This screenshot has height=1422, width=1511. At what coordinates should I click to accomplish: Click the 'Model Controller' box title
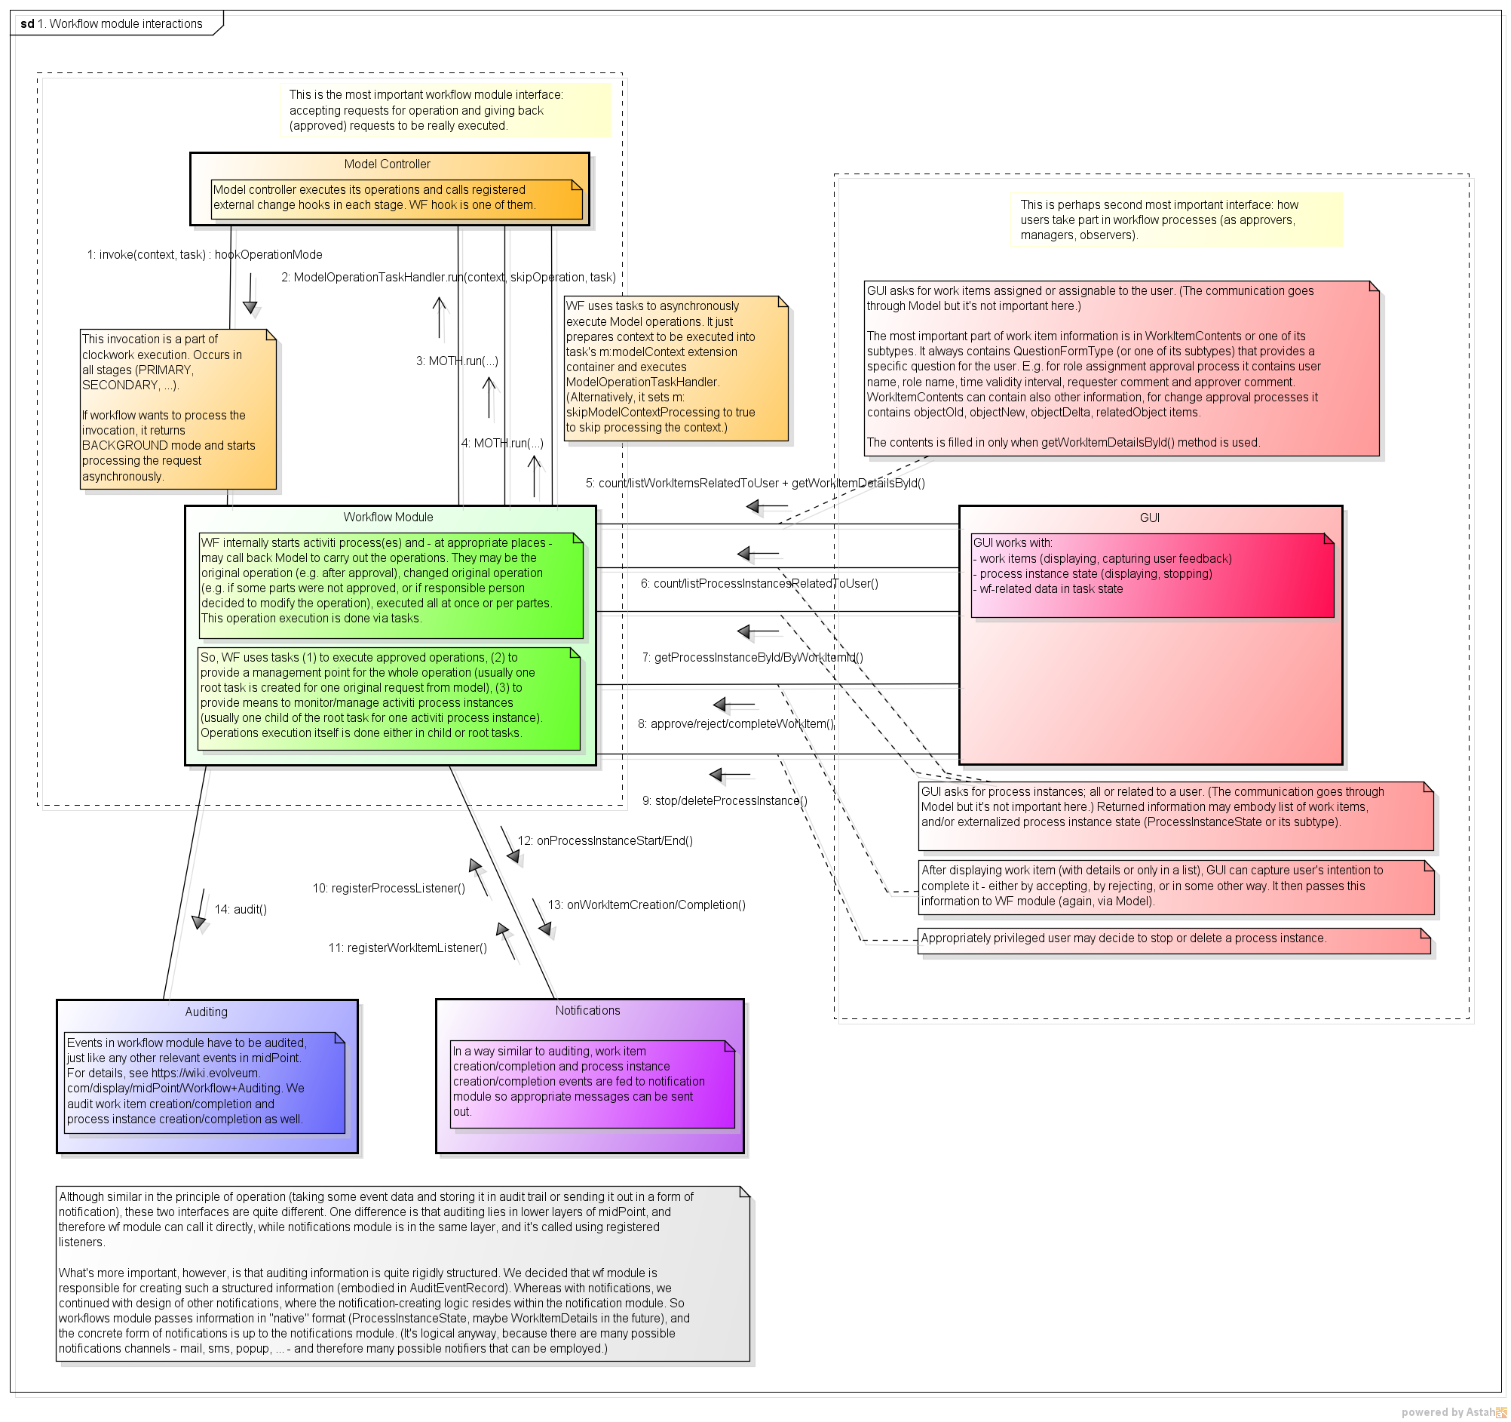click(x=387, y=164)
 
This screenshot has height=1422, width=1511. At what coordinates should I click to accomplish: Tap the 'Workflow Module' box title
click(x=388, y=517)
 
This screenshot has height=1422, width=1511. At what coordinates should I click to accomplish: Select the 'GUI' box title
click(x=1149, y=518)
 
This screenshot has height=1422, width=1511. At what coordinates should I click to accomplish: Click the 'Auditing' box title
click(x=206, y=1012)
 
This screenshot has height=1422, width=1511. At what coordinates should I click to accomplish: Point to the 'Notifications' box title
click(x=587, y=1011)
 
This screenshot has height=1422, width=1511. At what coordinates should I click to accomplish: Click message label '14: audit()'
click(x=241, y=910)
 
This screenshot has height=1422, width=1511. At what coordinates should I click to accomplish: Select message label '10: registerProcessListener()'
click(x=388, y=888)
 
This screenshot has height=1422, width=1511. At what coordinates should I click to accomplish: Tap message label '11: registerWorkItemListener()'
click(x=407, y=948)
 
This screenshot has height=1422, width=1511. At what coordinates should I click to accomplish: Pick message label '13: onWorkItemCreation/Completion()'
click(x=646, y=905)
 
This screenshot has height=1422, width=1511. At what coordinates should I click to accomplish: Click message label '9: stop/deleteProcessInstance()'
click(x=725, y=800)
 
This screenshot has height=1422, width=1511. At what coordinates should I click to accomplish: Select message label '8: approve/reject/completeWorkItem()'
click(x=736, y=724)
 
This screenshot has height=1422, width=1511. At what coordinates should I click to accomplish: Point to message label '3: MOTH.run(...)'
click(x=457, y=361)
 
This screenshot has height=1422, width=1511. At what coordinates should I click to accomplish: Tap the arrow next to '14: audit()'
click(x=201, y=910)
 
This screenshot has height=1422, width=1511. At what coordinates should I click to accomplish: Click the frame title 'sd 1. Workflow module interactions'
click(x=112, y=23)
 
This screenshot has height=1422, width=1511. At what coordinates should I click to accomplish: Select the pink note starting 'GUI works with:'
click(x=1152, y=575)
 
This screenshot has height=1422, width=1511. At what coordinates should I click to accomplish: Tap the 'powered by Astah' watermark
click(x=1451, y=1412)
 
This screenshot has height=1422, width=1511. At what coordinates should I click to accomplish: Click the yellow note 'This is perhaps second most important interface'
click(x=1175, y=220)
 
